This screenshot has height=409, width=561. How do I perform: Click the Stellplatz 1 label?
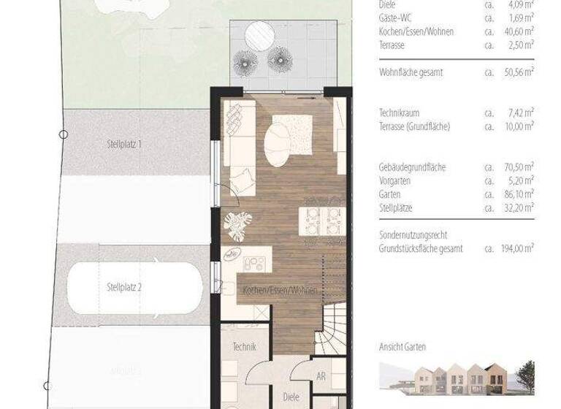pos(123,145)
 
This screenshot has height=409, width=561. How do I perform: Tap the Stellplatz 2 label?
pos(123,286)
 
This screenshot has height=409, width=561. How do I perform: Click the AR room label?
pos(320,377)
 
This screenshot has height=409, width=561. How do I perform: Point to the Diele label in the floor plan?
pos(291,397)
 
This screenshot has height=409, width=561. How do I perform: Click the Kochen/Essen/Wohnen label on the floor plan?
pos(280,290)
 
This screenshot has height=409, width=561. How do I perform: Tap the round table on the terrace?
pos(256,34)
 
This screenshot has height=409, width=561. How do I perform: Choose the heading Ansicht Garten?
pos(402,347)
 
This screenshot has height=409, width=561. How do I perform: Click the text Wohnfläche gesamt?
pos(411,72)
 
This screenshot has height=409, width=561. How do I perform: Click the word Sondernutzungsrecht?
pos(413,235)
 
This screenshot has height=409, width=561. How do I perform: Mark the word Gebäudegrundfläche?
pos(412,167)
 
